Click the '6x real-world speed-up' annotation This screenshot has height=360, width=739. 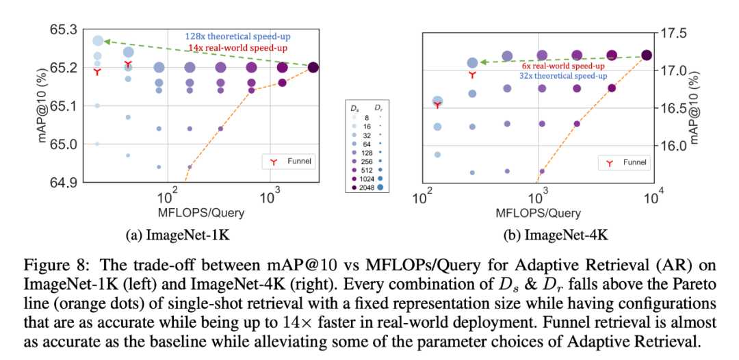562,66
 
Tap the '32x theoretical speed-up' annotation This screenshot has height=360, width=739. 562,76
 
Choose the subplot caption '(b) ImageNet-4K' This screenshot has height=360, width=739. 538,235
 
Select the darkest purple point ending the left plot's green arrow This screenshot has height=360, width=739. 313,67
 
